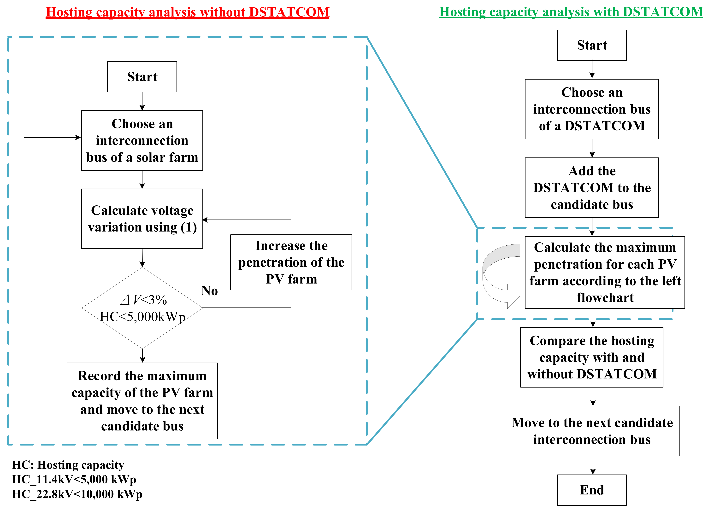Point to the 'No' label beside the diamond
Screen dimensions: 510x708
pos(209,291)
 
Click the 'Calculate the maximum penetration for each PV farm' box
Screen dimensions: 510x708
pos(605,272)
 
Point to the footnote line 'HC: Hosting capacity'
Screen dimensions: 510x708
pos(68,465)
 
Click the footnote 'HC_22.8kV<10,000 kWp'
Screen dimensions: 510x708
pos(77,494)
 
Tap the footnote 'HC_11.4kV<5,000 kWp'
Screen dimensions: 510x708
pos(74,479)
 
